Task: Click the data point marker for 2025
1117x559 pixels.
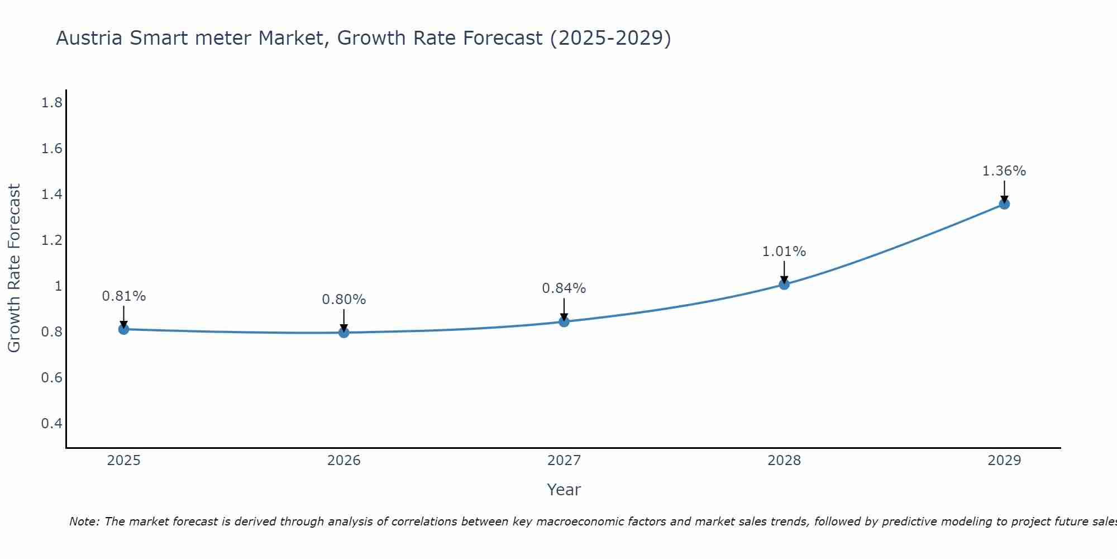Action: (124, 329)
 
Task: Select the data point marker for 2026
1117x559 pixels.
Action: (344, 333)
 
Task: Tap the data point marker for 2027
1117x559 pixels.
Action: (564, 321)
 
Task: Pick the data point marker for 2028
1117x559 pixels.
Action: (784, 285)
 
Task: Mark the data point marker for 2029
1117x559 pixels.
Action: (1004, 204)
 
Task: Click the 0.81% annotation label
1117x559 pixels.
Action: (124, 296)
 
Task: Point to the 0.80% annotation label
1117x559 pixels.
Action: (344, 300)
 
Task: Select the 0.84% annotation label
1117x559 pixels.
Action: (564, 288)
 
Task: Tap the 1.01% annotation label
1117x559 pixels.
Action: (784, 252)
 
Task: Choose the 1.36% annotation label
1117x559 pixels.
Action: (1004, 171)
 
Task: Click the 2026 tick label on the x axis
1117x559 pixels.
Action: (344, 461)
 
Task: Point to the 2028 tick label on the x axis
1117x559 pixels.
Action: (784, 461)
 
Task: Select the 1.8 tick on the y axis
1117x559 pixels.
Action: (52, 103)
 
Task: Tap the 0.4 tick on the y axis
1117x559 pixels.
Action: (52, 423)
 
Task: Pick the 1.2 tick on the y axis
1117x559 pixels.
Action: (52, 240)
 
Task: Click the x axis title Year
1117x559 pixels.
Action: (564, 490)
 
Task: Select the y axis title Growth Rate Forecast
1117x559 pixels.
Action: (14, 268)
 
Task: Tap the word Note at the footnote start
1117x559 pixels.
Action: (84, 522)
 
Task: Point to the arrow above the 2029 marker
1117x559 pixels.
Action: (1004, 191)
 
